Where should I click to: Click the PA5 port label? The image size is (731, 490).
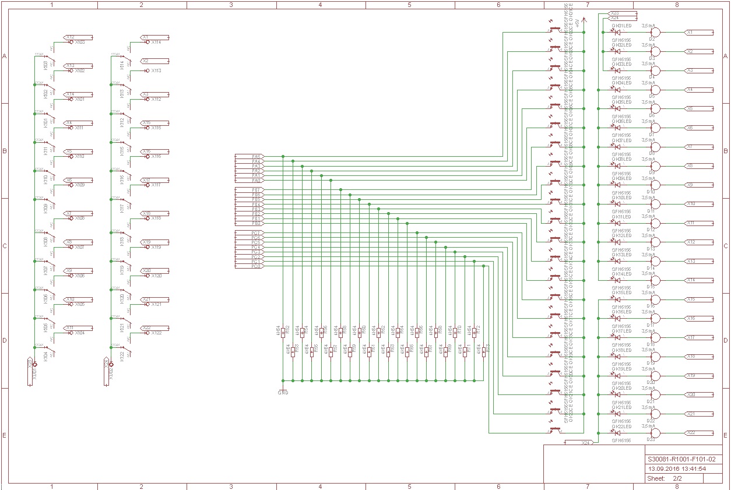click(256, 157)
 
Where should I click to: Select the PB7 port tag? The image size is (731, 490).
click(256, 191)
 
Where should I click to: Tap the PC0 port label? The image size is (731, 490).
click(256, 266)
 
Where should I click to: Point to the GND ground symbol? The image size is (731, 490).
click(283, 392)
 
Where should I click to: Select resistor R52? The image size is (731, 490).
click(283, 332)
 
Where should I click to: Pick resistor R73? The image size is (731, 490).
click(484, 351)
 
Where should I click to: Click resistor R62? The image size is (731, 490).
click(379, 332)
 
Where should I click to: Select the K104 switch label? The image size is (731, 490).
click(45, 356)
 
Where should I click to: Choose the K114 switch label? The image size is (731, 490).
click(121, 64)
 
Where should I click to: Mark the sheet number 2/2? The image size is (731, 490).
click(678, 478)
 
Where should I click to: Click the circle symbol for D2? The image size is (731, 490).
click(655, 33)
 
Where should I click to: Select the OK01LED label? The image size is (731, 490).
click(621, 26)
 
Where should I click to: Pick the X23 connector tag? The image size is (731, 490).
click(615, 12)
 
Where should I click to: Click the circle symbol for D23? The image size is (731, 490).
click(655, 433)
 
